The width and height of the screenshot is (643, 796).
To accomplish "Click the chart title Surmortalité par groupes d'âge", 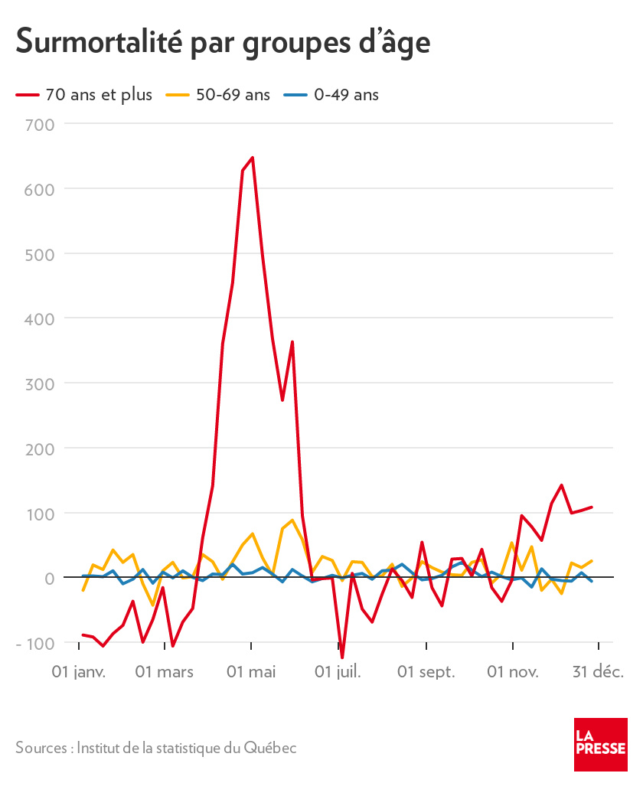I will [x=223, y=41].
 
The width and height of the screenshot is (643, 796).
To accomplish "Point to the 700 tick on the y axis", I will [x=38, y=124].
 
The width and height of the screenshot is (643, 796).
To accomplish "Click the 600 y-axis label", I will [x=38, y=188].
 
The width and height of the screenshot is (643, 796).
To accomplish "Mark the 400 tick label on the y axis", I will [x=38, y=318].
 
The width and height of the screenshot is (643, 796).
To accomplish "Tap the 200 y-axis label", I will [x=38, y=449].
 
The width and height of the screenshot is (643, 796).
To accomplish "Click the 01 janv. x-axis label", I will [x=78, y=672].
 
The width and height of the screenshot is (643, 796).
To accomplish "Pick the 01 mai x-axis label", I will [x=251, y=672].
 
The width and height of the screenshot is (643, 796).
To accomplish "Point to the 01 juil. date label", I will [x=338, y=672].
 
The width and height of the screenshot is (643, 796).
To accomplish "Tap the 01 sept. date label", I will [x=426, y=672].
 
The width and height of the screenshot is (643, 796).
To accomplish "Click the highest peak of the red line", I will [x=252, y=158].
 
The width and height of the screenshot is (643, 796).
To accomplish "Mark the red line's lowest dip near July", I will [x=342, y=657].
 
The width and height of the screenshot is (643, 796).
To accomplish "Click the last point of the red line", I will [x=592, y=507].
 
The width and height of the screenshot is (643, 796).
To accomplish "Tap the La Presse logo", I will [x=601, y=745].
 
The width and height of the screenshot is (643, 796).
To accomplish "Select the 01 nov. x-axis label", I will [x=513, y=672].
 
